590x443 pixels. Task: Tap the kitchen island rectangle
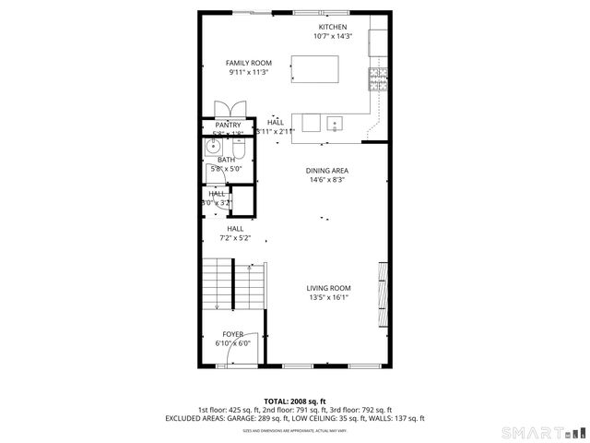click(x=313, y=69)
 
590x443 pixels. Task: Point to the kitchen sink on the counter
click(x=335, y=123)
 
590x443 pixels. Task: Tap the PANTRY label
click(x=228, y=125)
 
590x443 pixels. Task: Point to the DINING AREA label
click(x=327, y=171)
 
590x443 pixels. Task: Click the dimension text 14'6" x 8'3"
click(x=327, y=180)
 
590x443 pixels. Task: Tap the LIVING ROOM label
click(x=329, y=288)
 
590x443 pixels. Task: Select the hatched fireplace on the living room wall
click(x=382, y=295)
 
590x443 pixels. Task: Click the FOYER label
click(x=233, y=334)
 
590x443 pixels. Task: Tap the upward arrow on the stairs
click(x=254, y=268)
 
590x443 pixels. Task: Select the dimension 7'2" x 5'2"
click(x=235, y=238)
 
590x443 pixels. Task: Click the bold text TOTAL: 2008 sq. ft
click(x=295, y=401)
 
